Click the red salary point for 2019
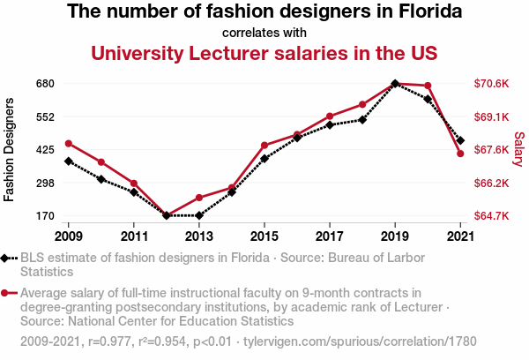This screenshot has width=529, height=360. pos(395,84)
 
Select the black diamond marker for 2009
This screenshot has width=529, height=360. pos(68,161)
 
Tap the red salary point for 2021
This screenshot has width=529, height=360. pos(460,154)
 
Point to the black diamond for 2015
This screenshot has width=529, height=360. pos(264,159)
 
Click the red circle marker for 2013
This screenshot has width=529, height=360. pos(198,198)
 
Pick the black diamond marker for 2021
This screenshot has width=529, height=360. pos(460,140)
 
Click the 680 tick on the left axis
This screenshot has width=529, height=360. pos(46,84)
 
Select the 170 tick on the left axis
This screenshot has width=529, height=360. pos(46,215)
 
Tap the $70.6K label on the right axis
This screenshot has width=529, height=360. pos(492,84)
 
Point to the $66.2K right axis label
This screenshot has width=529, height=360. pos(492,183)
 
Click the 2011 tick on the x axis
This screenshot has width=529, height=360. pos(133,236)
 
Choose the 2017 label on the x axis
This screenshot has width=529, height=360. pos(329,236)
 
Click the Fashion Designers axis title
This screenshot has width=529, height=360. pos(11,149)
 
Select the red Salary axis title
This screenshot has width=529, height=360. pos(519,149)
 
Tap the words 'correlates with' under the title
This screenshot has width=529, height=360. pos(264,34)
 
